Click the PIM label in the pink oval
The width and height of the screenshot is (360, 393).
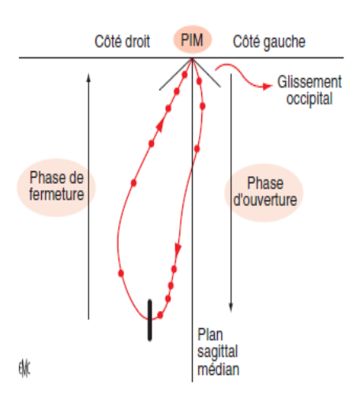[x=192, y=40]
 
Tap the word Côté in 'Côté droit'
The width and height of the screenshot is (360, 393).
[x=107, y=41]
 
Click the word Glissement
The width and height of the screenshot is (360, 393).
[x=309, y=82]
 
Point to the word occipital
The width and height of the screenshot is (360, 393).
[x=309, y=99]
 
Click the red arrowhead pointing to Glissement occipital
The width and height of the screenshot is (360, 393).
[x=268, y=86]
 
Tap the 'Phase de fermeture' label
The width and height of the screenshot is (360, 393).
[x=57, y=186]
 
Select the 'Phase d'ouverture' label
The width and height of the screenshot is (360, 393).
[x=265, y=191]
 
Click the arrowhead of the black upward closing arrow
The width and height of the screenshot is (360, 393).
[x=88, y=77]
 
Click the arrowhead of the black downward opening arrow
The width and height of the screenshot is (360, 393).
[x=231, y=308]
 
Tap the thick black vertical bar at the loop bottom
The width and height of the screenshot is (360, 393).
[x=150, y=320]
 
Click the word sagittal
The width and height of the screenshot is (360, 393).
[x=218, y=352]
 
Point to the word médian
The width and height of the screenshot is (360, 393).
[x=219, y=369]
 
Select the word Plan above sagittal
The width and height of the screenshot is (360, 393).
[x=210, y=335]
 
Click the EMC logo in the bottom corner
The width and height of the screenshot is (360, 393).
[x=24, y=369]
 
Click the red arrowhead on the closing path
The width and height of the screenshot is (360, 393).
[x=160, y=125]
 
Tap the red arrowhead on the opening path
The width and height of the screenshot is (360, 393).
[x=178, y=249]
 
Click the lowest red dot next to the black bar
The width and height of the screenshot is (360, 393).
[x=159, y=315]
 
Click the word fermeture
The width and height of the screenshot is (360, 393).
[x=57, y=194]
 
